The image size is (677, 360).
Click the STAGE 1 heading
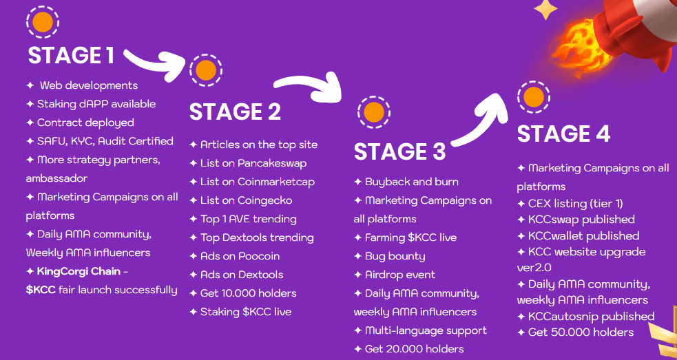tap(71, 55)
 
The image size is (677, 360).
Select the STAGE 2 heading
tap(236, 112)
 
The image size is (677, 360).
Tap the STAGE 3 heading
tap(400, 151)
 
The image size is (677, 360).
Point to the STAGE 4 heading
tap(563, 134)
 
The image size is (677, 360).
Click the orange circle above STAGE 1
tap(43, 21)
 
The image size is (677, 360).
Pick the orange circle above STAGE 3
tap(374, 112)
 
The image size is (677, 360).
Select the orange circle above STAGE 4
tap(534, 96)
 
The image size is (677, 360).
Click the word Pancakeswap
tap(273, 164)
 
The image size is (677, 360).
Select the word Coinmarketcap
tap(276, 182)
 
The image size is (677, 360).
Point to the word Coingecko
tap(265, 201)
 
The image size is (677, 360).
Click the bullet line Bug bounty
tap(389, 256)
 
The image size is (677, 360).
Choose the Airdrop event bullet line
tap(395, 275)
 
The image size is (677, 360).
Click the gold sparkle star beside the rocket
tap(545, 9)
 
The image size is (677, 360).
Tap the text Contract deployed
tap(85, 123)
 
